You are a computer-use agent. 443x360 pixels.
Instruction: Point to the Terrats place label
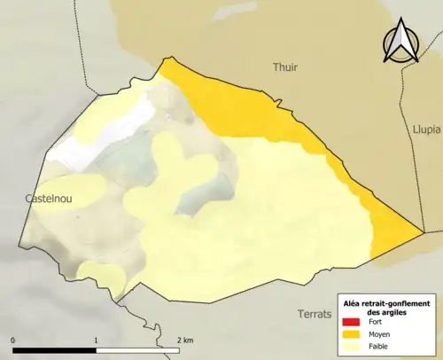[314, 315]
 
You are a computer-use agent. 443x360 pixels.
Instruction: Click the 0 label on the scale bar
[13, 340]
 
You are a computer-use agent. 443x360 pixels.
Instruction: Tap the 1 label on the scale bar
[96, 340]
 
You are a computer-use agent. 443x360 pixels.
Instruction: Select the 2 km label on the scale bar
[185, 340]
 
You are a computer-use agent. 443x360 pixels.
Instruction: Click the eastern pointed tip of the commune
[420, 235]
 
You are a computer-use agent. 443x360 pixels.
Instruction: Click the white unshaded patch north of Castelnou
[71, 151]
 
